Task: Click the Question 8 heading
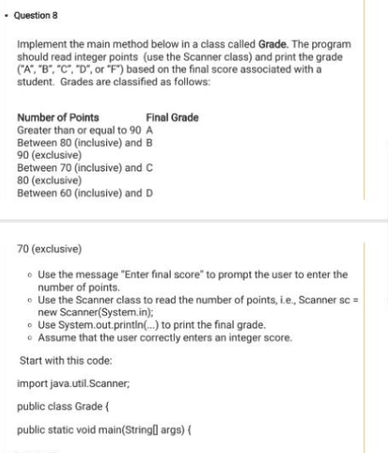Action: pyautogui.click(x=33, y=17)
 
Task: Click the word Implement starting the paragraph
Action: pyautogui.click(x=42, y=43)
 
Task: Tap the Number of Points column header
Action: pyautogui.click(x=58, y=118)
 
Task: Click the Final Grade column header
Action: pyautogui.click(x=172, y=118)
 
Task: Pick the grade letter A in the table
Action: pyautogui.click(x=149, y=131)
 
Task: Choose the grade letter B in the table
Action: pyautogui.click(x=149, y=143)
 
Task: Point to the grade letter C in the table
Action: pyautogui.click(x=149, y=168)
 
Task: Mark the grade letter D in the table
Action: pyautogui.click(x=149, y=193)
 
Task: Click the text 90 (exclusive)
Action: pyautogui.click(x=48, y=155)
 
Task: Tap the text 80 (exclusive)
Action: pyautogui.click(x=48, y=180)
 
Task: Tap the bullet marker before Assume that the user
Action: pyautogui.click(x=31, y=337)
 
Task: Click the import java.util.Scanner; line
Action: pyautogui.click(x=71, y=383)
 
